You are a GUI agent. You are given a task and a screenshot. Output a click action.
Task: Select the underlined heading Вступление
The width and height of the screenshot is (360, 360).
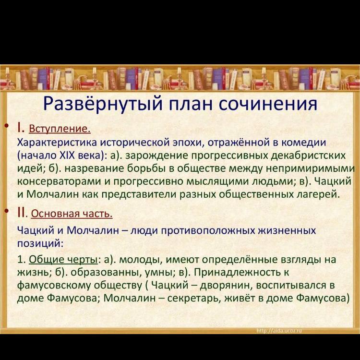click(60, 129)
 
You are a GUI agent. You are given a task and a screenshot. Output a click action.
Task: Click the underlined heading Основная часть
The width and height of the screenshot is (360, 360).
click(72, 214)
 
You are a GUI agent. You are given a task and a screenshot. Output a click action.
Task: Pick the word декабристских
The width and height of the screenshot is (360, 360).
click(309, 156)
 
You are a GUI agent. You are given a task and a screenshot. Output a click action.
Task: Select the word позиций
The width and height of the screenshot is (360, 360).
click(40, 243)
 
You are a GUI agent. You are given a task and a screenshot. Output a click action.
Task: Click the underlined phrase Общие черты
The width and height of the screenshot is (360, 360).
click(63, 260)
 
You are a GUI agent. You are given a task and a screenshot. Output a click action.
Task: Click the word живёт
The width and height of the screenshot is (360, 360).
click(238, 298)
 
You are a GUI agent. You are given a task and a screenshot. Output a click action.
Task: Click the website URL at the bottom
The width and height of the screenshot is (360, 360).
click(279, 331)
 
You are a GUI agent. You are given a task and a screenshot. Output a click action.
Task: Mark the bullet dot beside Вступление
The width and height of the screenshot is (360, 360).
click(8, 126)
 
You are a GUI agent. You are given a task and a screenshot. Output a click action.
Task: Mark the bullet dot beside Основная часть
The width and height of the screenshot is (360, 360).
click(8, 211)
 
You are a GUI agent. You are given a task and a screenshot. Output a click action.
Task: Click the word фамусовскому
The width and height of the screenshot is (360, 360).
click(54, 286)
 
